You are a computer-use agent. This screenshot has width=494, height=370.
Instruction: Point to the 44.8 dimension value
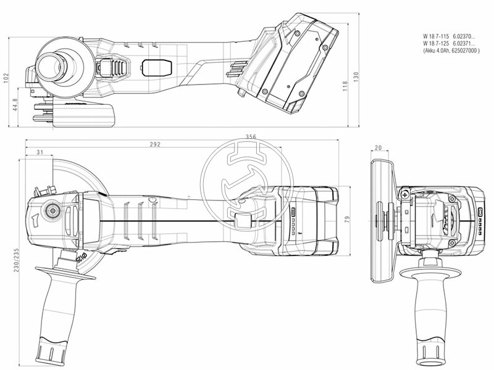tap(14, 104)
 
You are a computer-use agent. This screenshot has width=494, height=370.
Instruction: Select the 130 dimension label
tap(356, 76)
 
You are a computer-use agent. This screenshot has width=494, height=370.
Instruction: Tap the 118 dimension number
tap(345, 86)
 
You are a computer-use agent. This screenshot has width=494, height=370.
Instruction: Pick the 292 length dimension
tap(155, 144)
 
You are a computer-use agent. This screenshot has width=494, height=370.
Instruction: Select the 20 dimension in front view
tap(378, 148)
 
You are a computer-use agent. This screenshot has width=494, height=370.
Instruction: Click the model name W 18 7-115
tap(436, 37)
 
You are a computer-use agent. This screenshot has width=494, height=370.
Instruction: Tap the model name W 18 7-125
tap(436, 44)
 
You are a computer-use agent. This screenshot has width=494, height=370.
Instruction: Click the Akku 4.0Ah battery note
tap(451, 51)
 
